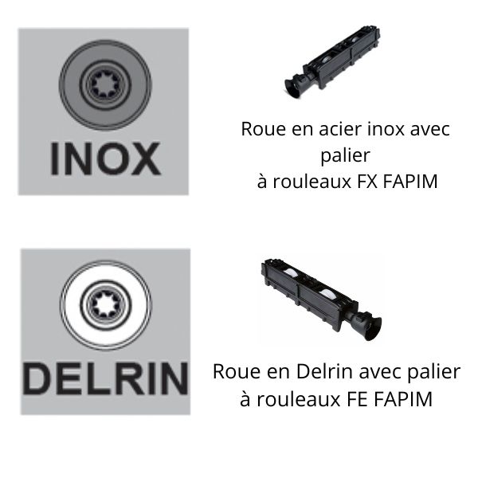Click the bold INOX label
tap(105, 159)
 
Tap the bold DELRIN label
tap(105, 379)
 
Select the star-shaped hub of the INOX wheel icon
tap(105, 84)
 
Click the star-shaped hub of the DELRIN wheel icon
tap(105, 305)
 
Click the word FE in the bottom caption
tap(358, 399)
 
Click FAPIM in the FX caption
tap(410, 182)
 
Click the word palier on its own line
tap(346, 156)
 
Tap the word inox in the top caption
tap(386, 129)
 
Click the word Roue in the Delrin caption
tap(237, 371)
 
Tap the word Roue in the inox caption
tap(264, 129)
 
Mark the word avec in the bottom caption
tap(381, 371)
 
